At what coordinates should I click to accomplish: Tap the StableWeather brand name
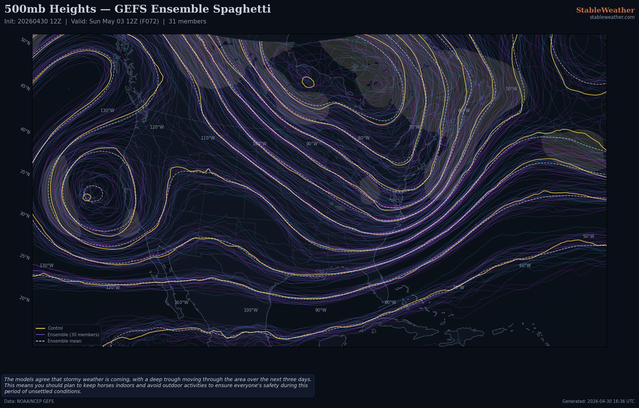(x=605, y=10)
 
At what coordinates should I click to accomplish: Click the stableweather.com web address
(x=612, y=17)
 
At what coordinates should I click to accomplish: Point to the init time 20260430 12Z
(x=39, y=21)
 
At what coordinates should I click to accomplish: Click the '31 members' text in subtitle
(x=187, y=21)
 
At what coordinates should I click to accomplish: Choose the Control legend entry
(x=55, y=328)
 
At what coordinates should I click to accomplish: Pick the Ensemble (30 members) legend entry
(x=73, y=335)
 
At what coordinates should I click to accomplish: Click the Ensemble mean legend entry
(x=64, y=341)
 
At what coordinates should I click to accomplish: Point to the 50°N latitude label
(x=25, y=41)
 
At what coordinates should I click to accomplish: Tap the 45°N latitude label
(x=25, y=87)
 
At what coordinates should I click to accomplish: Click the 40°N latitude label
(x=25, y=131)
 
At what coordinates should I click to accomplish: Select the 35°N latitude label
(x=25, y=173)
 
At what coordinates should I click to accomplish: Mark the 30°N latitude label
(x=25, y=215)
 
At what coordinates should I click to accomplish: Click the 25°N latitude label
(x=25, y=257)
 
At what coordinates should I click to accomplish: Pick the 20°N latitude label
(x=25, y=299)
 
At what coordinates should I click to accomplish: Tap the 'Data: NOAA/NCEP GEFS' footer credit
(x=29, y=401)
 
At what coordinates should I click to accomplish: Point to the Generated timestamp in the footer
(x=598, y=401)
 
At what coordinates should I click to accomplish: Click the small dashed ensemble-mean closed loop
(x=93, y=194)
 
